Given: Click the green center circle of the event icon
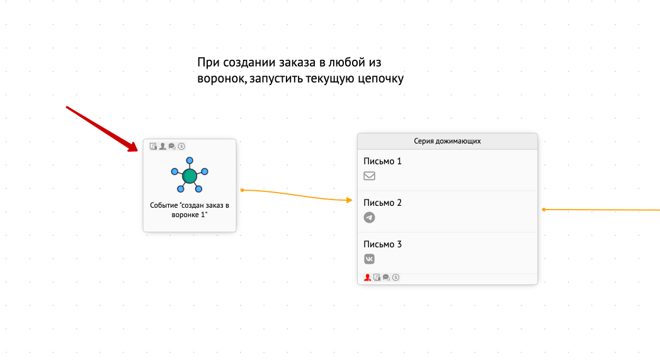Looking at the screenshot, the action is click(190, 176).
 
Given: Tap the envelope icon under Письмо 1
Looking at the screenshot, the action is click(369, 176).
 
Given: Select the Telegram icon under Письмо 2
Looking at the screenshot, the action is click(369, 217).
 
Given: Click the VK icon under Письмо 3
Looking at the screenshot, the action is click(369, 259).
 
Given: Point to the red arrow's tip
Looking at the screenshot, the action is click(137, 150).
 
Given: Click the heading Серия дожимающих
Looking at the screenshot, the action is click(447, 141).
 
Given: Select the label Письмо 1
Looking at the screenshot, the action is click(382, 161).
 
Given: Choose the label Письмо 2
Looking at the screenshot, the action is click(382, 203).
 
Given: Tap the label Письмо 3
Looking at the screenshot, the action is click(382, 244).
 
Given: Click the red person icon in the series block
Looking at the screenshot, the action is click(367, 278).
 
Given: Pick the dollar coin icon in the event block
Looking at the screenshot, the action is click(181, 147).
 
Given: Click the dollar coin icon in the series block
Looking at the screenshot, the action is click(395, 278).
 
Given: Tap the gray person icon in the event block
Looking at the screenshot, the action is click(162, 147).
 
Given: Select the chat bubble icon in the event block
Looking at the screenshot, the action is click(172, 147).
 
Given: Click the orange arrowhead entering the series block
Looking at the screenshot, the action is click(350, 200).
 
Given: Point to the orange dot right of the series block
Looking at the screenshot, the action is click(544, 210).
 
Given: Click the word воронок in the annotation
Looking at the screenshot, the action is click(222, 79).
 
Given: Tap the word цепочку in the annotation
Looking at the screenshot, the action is click(380, 79).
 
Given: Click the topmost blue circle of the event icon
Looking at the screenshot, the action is click(190, 160).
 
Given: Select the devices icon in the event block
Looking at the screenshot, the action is click(153, 147).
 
